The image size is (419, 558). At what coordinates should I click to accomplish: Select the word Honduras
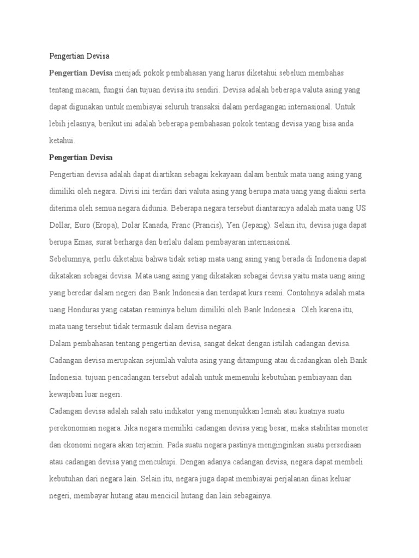pos(88,310)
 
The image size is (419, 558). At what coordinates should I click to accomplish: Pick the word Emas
pos(83,242)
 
